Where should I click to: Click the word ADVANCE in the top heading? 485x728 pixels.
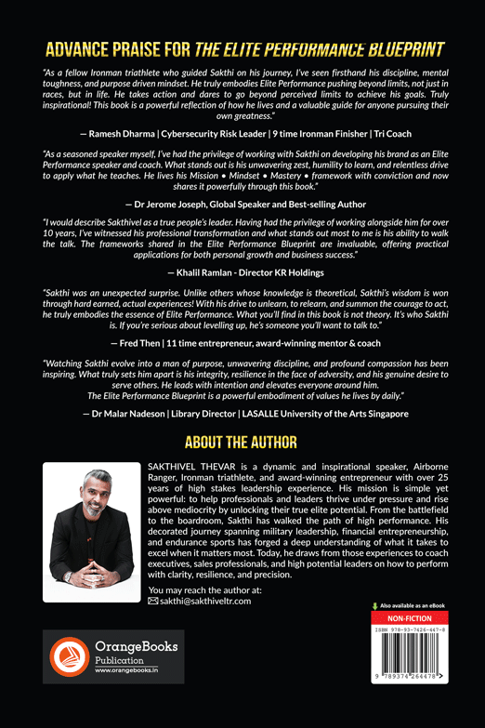89,49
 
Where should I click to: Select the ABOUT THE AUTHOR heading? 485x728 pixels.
242,441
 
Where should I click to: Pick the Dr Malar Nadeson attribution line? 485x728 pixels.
242,411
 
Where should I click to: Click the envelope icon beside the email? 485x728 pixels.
153,601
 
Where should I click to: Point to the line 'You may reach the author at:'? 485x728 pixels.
204,589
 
